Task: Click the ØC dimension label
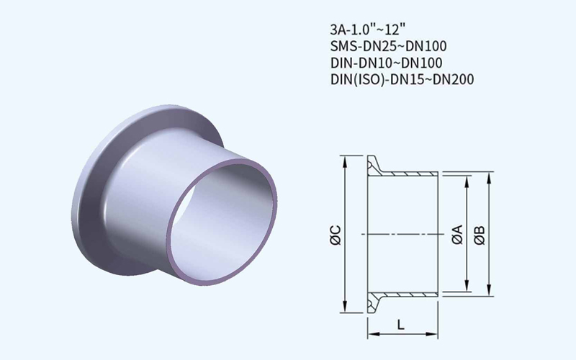click(x=336, y=235)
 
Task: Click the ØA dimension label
click(x=457, y=235)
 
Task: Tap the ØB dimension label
click(x=480, y=235)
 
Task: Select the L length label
click(x=401, y=325)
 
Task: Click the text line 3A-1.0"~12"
click(x=368, y=29)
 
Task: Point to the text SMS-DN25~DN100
click(x=389, y=46)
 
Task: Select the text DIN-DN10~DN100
click(x=387, y=63)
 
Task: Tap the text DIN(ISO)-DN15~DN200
click(x=402, y=79)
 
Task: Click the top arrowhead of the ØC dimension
click(x=345, y=161)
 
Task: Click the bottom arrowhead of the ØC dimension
click(x=345, y=307)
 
